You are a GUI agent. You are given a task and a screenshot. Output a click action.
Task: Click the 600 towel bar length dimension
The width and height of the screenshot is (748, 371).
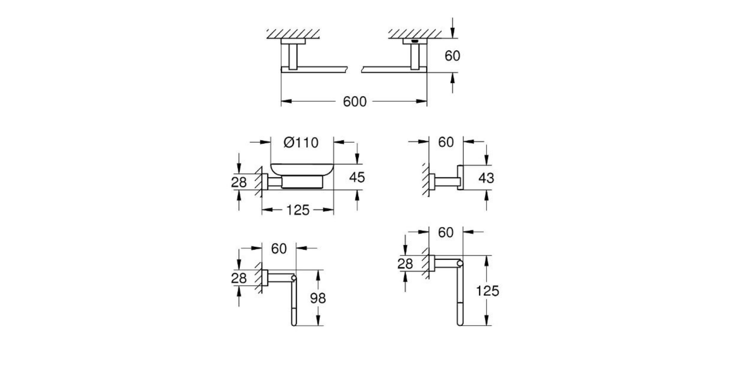tap(354, 102)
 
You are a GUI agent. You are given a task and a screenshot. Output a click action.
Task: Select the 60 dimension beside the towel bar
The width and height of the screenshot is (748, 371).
tap(452, 55)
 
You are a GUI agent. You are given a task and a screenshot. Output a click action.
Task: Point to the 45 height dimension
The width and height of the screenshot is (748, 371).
tap(356, 177)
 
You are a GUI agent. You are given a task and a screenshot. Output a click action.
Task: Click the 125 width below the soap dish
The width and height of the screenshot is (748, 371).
tap(297, 210)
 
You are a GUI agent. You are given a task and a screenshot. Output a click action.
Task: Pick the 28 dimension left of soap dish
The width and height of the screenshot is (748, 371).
tap(239, 182)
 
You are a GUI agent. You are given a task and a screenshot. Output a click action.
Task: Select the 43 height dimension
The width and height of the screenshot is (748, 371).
tap(486, 177)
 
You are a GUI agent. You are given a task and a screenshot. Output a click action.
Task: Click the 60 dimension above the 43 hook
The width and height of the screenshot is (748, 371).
tap(446, 142)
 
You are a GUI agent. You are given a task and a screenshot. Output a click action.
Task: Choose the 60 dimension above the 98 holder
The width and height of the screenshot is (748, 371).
tap(279, 248)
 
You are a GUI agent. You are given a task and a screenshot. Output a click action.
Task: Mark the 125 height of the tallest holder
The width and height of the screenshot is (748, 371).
tap(487, 291)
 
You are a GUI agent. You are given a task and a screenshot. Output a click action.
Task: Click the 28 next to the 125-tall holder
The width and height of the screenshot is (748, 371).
tap(405, 263)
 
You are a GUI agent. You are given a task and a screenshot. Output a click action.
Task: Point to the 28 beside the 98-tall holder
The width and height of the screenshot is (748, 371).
tap(239, 278)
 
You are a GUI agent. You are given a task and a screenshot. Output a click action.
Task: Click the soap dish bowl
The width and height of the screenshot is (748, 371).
tap(302, 172)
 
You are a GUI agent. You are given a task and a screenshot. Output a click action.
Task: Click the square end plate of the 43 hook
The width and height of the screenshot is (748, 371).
tap(461, 177)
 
